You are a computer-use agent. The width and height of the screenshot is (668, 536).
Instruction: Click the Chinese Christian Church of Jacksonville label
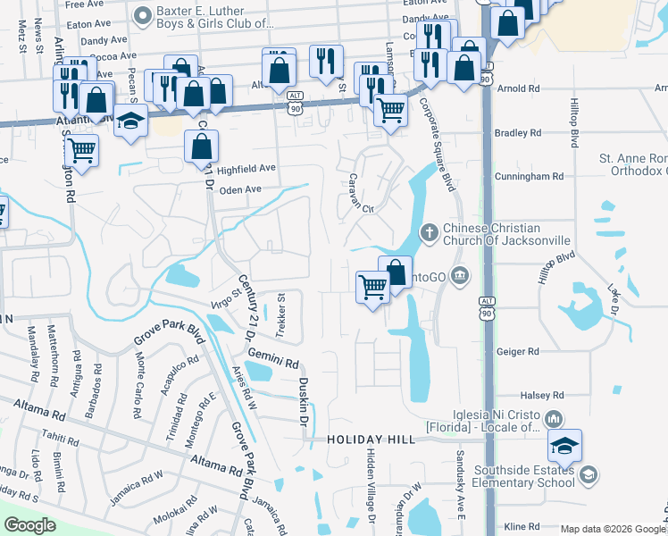(506, 233)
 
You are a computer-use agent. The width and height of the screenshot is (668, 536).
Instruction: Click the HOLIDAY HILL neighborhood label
(371, 440)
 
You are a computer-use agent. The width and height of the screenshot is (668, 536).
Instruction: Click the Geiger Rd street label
(522, 353)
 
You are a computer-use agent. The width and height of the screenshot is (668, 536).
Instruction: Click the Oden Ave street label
(240, 189)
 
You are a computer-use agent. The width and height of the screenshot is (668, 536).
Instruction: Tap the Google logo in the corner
(29, 524)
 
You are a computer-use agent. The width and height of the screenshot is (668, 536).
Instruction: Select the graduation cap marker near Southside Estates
(564, 446)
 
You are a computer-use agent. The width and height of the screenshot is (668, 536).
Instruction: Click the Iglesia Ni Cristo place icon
(554, 418)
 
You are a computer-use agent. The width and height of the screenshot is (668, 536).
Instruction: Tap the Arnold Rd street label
(517, 89)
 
